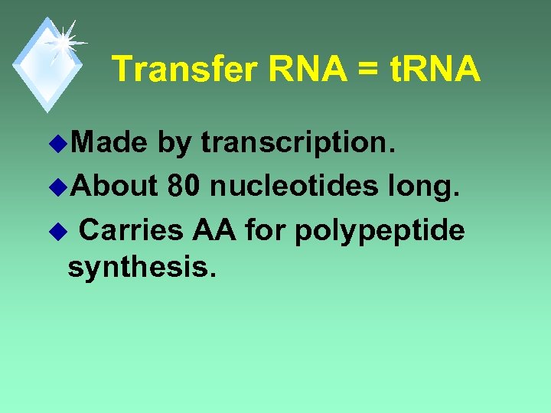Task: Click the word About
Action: point(117,185)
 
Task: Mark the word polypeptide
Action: point(380,230)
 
